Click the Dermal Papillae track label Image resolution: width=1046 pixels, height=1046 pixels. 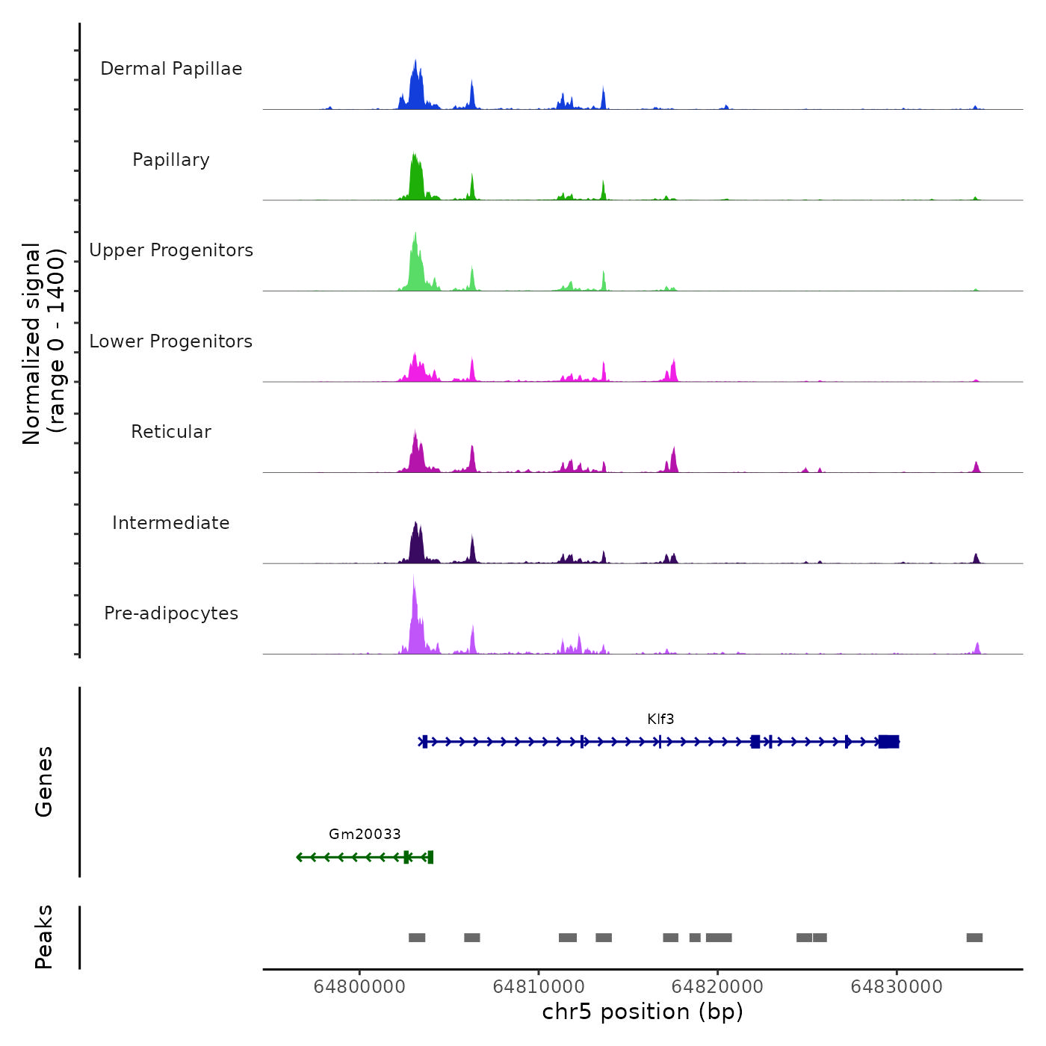(x=171, y=69)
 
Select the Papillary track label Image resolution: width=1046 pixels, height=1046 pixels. (x=171, y=160)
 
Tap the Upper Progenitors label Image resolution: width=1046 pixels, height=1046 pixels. (x=171, y=250)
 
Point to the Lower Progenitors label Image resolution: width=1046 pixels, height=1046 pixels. (x=171, y=341)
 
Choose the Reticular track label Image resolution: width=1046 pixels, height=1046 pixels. (x=171, y=432)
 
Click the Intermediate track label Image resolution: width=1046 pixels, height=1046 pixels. (x=171, y=523)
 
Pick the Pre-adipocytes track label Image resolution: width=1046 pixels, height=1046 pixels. (x=171, y=613)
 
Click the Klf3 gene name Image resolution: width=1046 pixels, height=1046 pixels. (x=660, y=719)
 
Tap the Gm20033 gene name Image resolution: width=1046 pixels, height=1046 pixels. (x=365, y=834)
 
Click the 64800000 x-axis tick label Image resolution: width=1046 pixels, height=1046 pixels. (x=359, y=986)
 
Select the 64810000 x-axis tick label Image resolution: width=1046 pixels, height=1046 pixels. (x=539, y=986)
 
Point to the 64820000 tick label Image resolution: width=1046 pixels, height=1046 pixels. (x=717, y=986)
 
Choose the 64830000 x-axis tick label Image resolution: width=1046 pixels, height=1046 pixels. (x=897, y=986)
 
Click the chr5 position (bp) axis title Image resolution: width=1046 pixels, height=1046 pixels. (x=643, y=1012)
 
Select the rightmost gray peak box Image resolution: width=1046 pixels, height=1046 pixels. (x=974, y=938)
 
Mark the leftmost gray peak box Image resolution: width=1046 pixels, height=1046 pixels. (x=417, y=938)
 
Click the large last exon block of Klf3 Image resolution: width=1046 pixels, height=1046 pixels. (x=888, y=741)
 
